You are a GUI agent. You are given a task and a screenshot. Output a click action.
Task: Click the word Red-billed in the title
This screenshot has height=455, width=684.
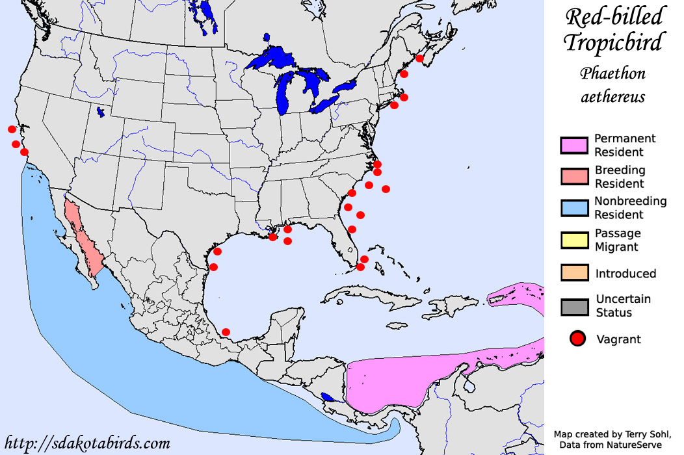(614, 17)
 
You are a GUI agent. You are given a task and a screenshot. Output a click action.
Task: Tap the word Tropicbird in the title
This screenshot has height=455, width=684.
(614, 43)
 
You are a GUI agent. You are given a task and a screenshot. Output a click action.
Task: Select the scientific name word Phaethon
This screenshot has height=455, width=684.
(613, 73)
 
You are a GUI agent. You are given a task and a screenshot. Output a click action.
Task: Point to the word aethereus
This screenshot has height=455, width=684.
(613, 97)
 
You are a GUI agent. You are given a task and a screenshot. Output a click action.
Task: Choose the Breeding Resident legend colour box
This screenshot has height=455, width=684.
(573, 177)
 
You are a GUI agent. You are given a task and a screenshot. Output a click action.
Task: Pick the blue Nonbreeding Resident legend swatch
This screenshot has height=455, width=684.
(573, 208)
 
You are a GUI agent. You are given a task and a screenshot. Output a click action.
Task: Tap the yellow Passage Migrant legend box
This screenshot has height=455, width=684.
(573, 240)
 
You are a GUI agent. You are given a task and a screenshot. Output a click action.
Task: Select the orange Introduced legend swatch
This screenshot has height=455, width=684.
(573, 273)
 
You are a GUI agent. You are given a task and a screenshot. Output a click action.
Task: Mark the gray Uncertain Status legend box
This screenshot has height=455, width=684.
(573, 306)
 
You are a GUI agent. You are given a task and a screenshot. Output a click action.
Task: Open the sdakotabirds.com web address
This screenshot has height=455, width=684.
(86, 444)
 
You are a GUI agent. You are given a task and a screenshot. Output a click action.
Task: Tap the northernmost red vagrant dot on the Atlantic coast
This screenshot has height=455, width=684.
(419, 58)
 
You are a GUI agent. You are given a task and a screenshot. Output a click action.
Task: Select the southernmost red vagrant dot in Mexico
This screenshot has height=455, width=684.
(226, 332)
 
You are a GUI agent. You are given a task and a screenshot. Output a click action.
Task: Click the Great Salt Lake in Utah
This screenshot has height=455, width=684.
(101, 112)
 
